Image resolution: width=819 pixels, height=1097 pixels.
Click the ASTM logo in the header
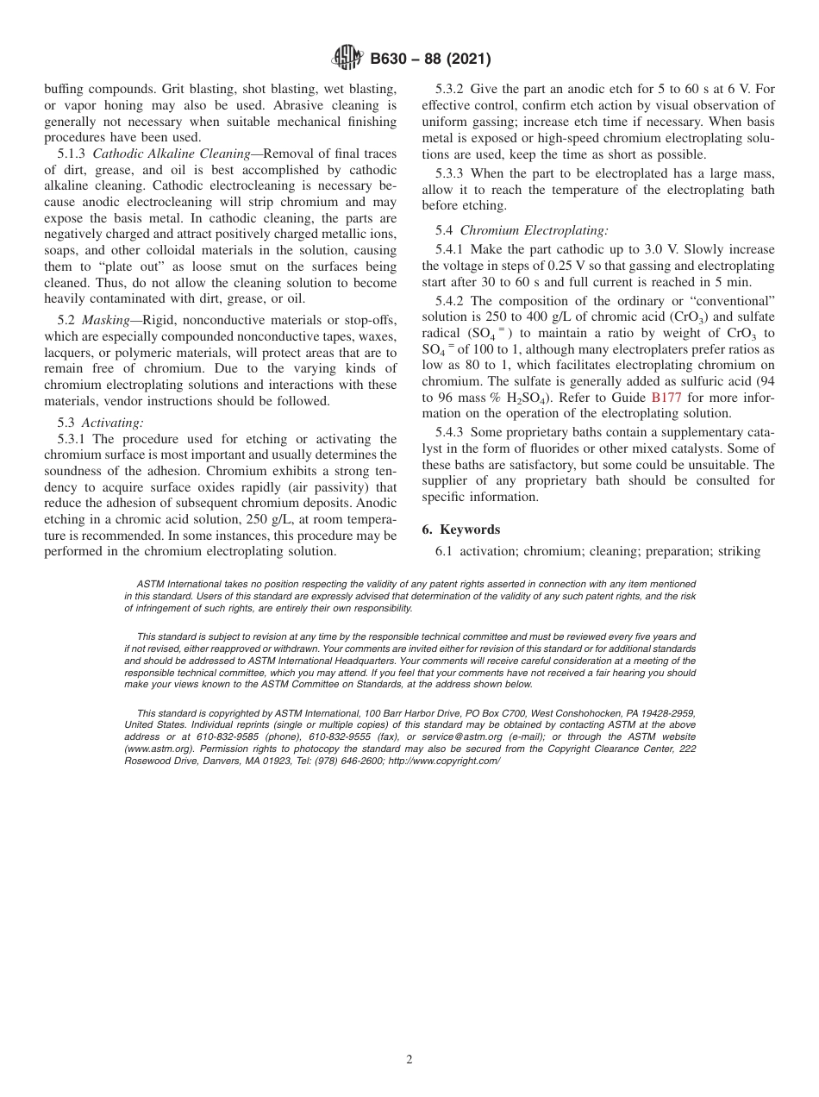click(347, 60)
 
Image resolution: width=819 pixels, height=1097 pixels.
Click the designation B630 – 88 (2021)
click(430, 60)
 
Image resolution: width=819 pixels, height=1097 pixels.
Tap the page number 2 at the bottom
click(409, 1060)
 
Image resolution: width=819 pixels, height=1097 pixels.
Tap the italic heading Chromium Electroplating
click(534, 230)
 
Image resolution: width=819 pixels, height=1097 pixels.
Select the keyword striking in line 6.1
click(738, 551)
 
